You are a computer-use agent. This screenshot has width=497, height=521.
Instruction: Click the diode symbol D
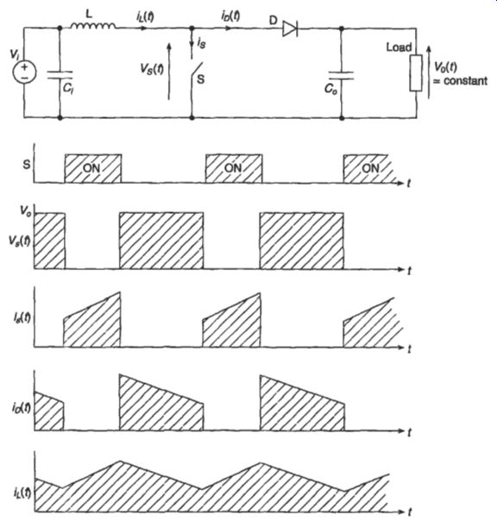pyautogui.click(x=290, y=28)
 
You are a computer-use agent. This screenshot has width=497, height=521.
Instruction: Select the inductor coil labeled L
pyautogui.click(x=93, y=26)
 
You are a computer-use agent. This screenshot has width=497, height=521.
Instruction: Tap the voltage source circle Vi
pyautogui.click(x=25, y=72)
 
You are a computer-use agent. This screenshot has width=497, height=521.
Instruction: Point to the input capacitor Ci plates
pyautogui.click(x=60, y=75)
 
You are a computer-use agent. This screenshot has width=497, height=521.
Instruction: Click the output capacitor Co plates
pyautogui.click(x=341, y=75)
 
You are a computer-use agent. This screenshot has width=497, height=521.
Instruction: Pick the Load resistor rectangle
pyautogui.click(x=416, y=73)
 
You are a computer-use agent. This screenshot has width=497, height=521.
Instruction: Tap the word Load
pyautogui.click(x=399, y=47)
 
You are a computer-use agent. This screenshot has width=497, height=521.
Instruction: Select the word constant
pyautogui.click(x=466, y=81)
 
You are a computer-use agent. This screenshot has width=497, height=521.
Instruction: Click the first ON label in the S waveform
pyautogui.click(x=91, y=168)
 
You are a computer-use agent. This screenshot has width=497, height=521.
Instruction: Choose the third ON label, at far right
pyautogui.click(x=370, y=168)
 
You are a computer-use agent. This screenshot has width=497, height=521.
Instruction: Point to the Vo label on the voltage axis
pyautogui.click(x=26, y=210)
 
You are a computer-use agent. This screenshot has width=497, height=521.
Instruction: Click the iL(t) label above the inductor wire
pyautogui.click(x=145, y=16)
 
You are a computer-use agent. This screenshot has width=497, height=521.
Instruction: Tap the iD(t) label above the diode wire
pyautogui.click(x=230, y=16)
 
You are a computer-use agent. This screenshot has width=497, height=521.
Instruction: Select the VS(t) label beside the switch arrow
pyautogui.click(x=152, y=69)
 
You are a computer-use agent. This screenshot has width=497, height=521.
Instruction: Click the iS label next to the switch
pyautogui.click(x=201, y=43)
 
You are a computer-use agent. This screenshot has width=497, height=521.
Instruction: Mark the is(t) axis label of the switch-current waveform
pyautogui.click(x=22, y=317)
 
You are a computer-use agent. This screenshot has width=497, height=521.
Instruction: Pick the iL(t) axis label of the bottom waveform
pyautogui.click(x=22, y=492)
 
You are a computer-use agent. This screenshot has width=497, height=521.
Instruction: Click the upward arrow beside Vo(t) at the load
pyautogui.click(x=429, y=72)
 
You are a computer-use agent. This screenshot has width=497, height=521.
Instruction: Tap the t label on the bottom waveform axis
pyautogui.click(x=409, y=512)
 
